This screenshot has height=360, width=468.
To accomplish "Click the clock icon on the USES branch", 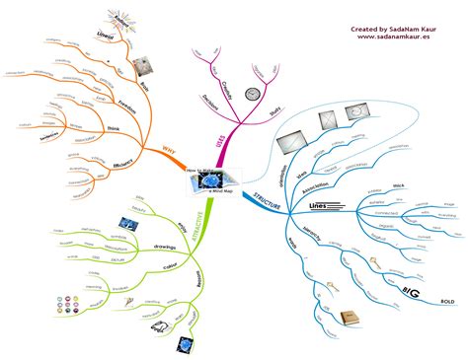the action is (251, 94).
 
